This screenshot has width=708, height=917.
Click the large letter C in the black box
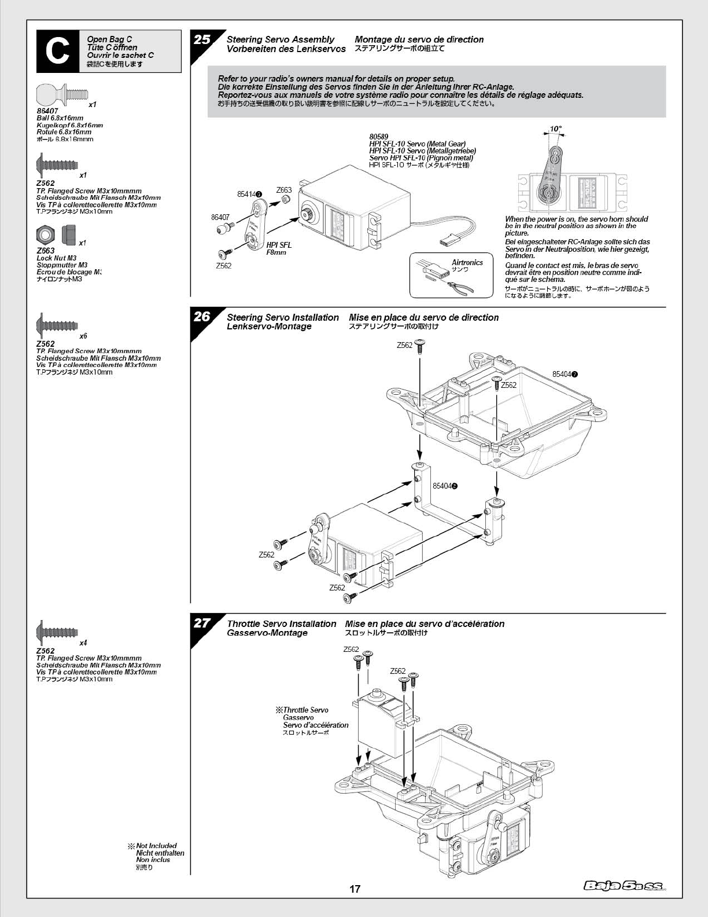point(57,52)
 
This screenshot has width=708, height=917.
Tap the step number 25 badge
point(202,39)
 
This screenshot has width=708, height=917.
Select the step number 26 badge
point(202,317)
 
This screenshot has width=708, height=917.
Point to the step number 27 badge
point(202,623)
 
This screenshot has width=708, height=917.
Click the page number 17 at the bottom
point(355,889)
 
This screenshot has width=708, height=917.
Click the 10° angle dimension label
point(555,129)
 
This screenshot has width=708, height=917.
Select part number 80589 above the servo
point(378,137)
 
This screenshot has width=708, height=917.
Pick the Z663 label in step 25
point(283,190)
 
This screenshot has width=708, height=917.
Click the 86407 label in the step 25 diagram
point(220,217)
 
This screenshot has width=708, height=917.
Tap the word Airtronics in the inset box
point(467,262)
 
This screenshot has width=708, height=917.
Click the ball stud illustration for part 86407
point(61,94)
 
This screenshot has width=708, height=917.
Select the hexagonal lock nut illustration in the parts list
point(45,234)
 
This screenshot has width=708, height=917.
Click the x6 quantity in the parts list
point(83,336)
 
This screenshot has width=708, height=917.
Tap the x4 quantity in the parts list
point(83,643)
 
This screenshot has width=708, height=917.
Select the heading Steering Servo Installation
point(283,317)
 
